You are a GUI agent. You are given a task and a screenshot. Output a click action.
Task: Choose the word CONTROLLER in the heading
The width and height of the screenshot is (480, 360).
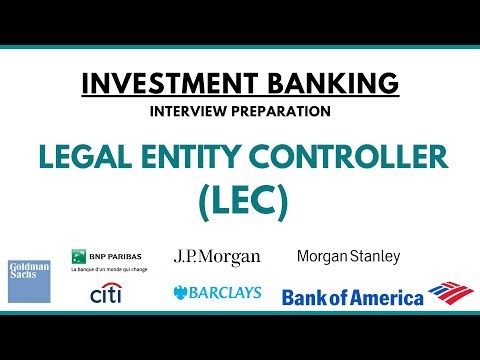[x=339, y=158]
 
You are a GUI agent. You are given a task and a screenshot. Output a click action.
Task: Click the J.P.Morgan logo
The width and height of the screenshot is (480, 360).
[x=217, y=258]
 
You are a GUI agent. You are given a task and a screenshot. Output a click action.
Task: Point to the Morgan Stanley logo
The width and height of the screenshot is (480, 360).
[x=348, y=257]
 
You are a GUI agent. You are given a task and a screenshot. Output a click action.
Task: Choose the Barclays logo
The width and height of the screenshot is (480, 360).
[x=217, y=293]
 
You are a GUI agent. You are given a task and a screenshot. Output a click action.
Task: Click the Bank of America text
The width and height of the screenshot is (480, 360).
[x=353, y=296]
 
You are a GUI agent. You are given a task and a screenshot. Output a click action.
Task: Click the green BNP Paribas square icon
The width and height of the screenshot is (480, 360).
[x=76, y=256]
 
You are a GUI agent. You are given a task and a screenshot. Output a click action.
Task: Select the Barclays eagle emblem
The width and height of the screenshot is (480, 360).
[x=181, y=293]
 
